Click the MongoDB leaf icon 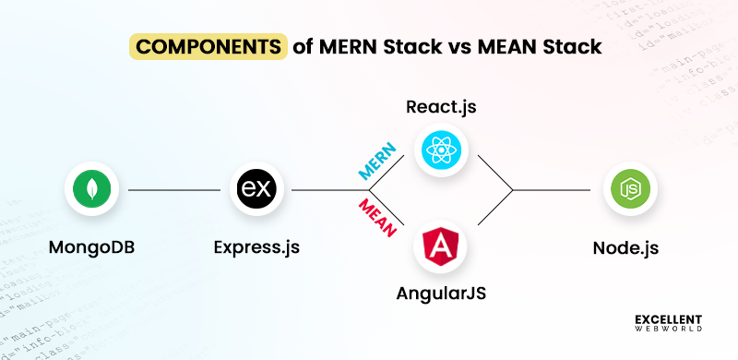pos(92,190)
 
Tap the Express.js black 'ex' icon pos(257,190)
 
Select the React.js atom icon pos(442,150)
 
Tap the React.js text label pos(442,106)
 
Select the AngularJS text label pos(441,294)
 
